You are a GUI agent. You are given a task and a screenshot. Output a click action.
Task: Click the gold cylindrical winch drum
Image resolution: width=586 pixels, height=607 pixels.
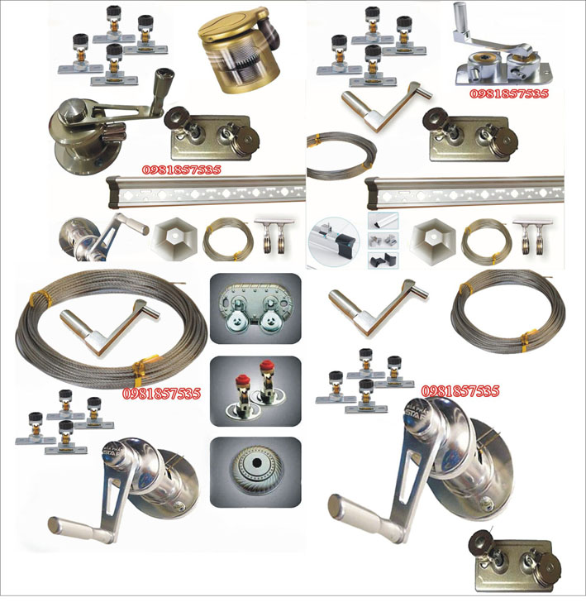(x=238, y=50)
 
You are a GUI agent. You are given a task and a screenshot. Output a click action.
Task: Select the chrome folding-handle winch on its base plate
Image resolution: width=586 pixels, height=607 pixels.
(x=502, y=50)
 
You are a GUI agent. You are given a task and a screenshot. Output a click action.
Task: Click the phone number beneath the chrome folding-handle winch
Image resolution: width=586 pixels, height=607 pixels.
(x=508, y=93)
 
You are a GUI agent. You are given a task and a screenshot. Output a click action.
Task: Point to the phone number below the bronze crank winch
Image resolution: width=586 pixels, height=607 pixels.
(x=181, y=170)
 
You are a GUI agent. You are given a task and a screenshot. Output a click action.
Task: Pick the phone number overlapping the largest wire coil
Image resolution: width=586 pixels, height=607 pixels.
(x=161, y=394)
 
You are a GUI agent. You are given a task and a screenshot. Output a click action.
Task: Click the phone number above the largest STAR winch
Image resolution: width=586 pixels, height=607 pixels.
(x=460, y=391)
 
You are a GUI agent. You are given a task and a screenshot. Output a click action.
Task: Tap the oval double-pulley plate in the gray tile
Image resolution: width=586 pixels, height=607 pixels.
(x=255, y=308)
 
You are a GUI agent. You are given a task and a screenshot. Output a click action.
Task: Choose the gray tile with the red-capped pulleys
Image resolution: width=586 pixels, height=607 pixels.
(x=255, y=391)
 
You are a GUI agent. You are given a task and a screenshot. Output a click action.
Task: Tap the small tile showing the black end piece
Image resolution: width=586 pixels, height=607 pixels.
(x=383, y=260)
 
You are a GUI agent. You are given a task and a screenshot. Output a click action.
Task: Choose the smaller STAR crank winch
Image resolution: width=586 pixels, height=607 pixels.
(x=124, y=489)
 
